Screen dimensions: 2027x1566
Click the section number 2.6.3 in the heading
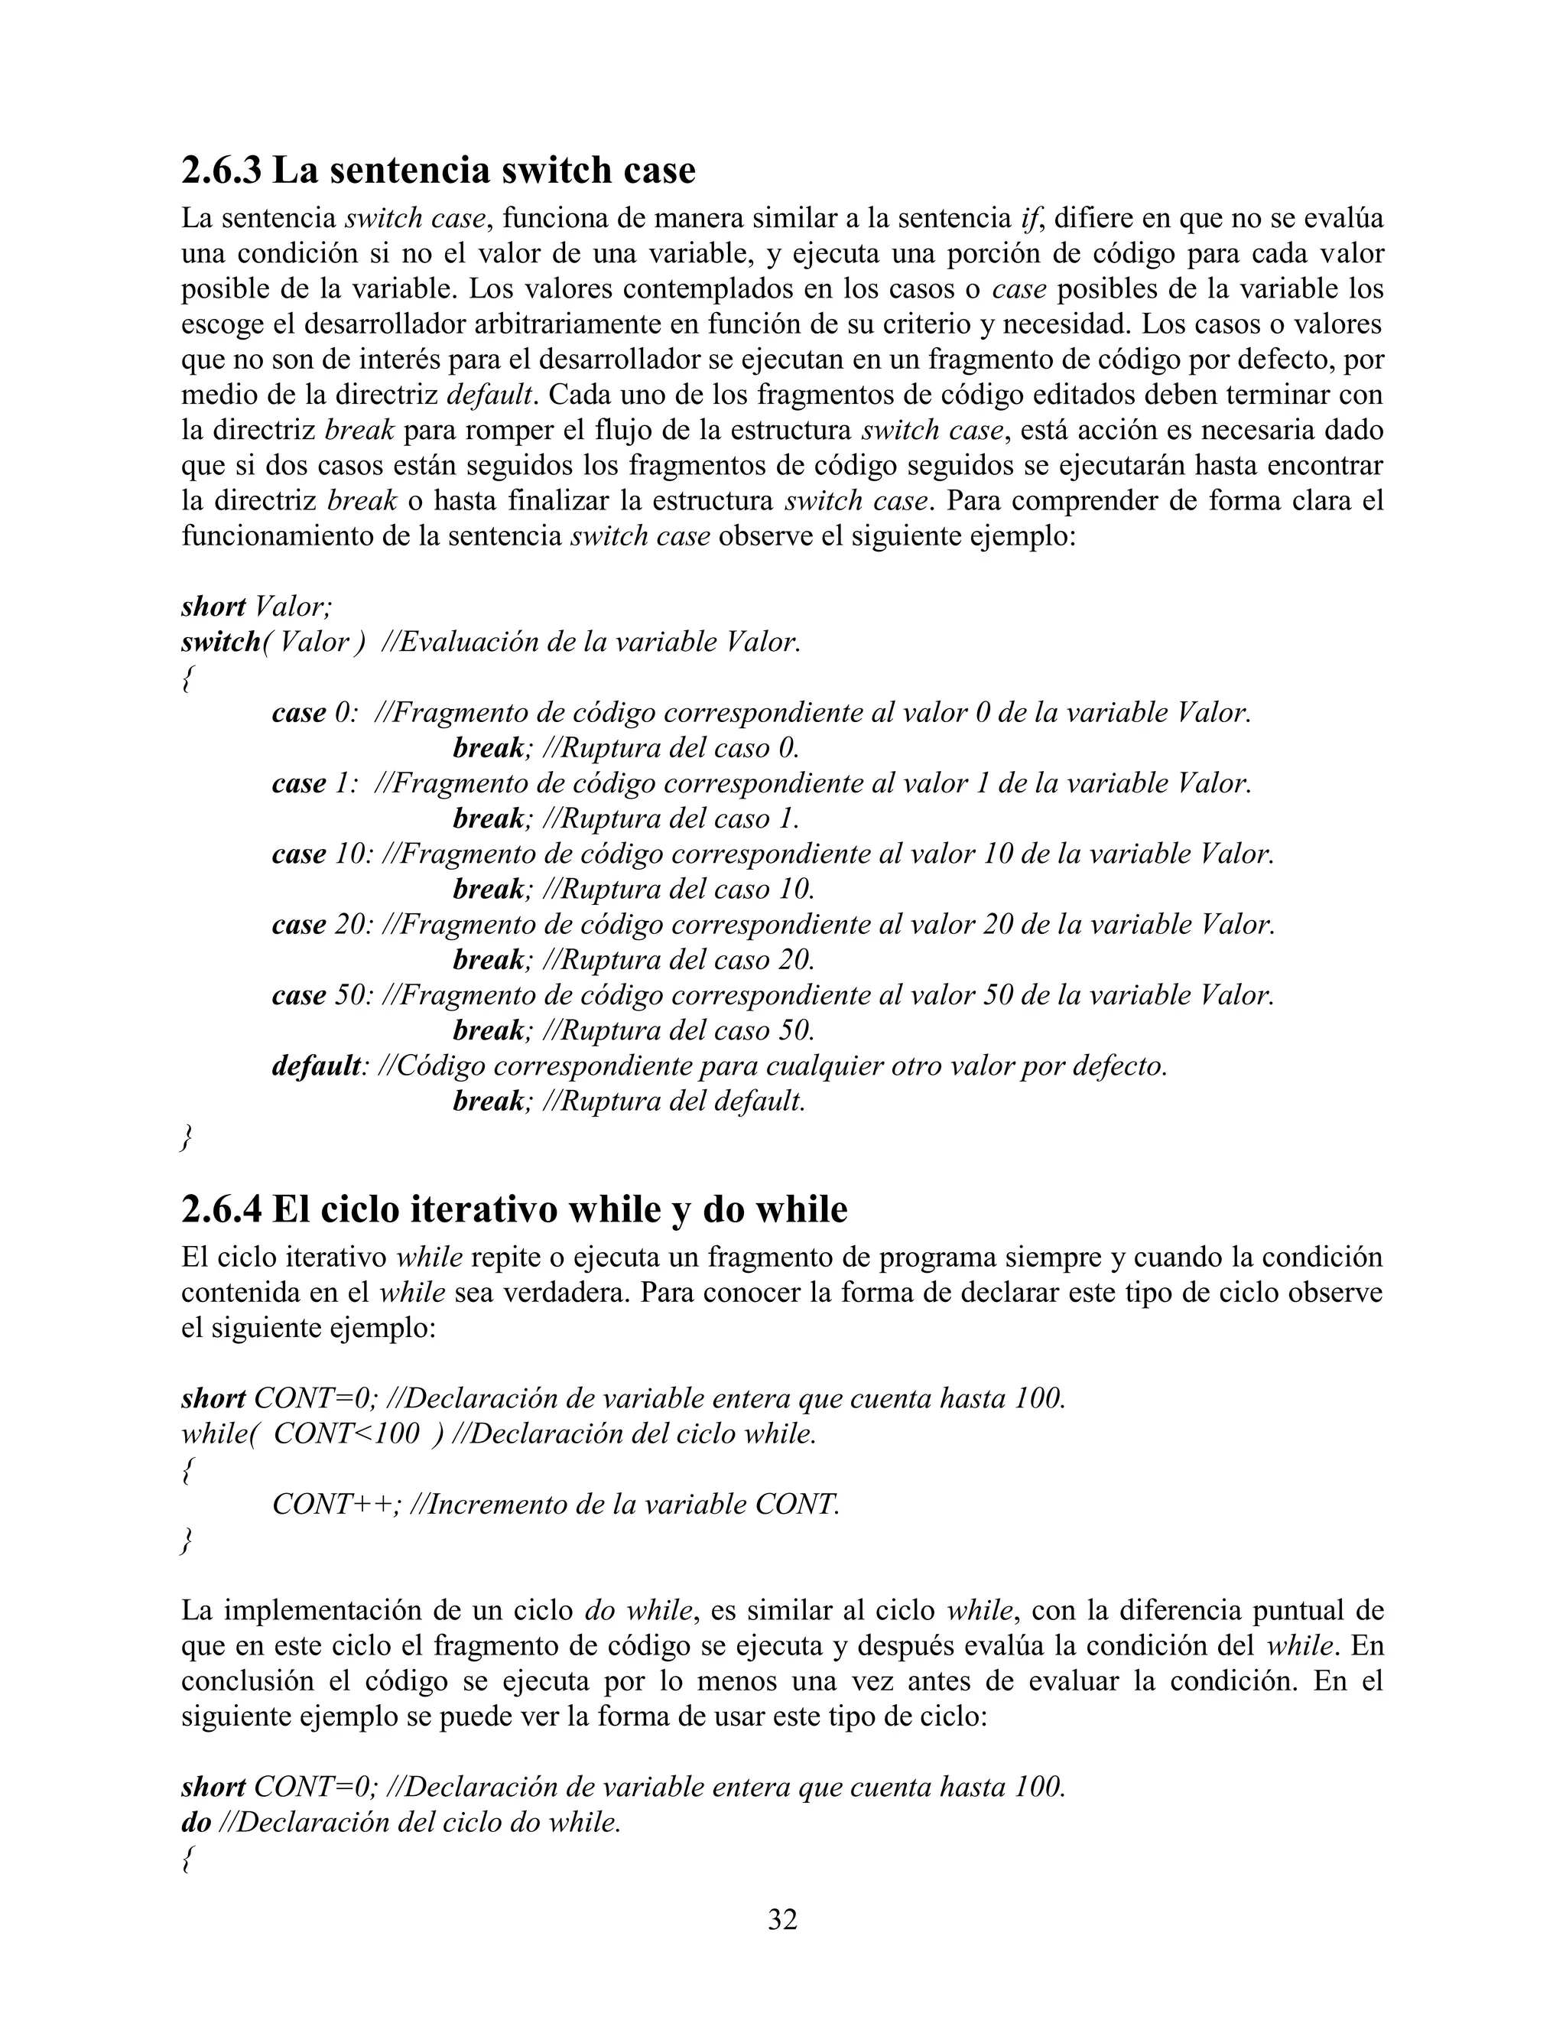[x=221, y=171]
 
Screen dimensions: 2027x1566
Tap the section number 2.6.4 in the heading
[x=221, y=1210]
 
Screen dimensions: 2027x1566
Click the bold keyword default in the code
[x=316, y=1066]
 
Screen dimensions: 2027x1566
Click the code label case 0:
[x=314, y=713]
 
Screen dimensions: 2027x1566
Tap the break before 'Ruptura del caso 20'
[x=488, y=960]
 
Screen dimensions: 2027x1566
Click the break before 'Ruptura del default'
[x=488, y=1101]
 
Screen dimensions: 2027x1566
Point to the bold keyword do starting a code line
[x=196, y=1823]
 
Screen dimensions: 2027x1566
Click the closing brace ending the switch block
[x=187, y=1138]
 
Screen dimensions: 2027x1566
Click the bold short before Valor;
[x=213, y=607]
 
